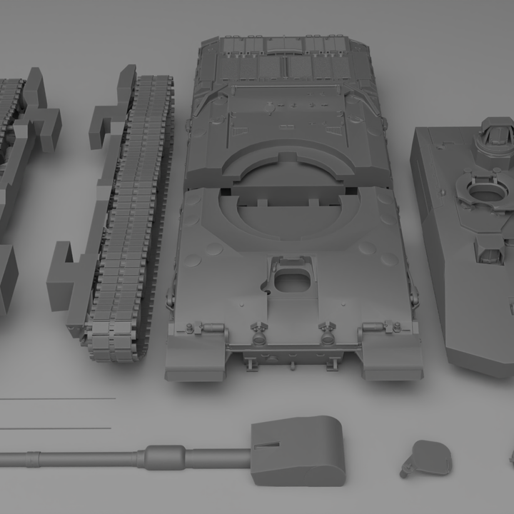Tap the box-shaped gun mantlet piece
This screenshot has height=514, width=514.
tap(298, 450)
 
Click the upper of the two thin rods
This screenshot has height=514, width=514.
tap(57, 398)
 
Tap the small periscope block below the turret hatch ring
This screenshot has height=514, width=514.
tap(490, 250)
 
